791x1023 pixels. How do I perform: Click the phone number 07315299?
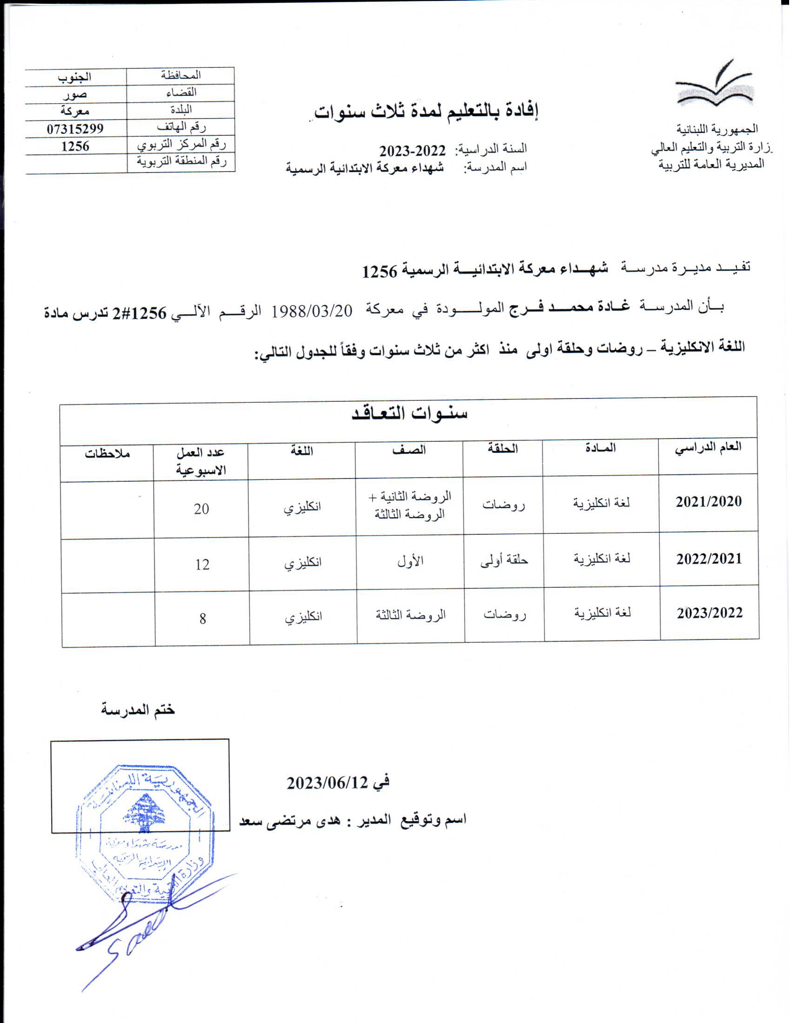(75, 128)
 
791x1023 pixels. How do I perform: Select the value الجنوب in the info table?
(75, 76)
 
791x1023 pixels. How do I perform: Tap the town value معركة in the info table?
(75, 111)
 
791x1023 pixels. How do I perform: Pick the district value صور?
(75, 94)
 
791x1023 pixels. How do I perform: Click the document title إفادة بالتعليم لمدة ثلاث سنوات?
(426, 112)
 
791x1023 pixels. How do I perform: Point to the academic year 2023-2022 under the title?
(412, 151)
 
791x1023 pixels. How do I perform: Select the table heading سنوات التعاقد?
(409, 413)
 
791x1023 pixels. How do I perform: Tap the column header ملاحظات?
(107, 453)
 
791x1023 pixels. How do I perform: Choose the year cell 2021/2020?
(709, 502)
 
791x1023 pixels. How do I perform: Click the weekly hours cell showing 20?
(201, 509)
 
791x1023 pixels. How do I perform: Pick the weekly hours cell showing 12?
(202, 565)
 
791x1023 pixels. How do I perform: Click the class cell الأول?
(410, 562)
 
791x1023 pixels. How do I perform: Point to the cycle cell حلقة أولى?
(504, 561)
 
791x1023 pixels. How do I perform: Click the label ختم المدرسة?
(138, 710)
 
